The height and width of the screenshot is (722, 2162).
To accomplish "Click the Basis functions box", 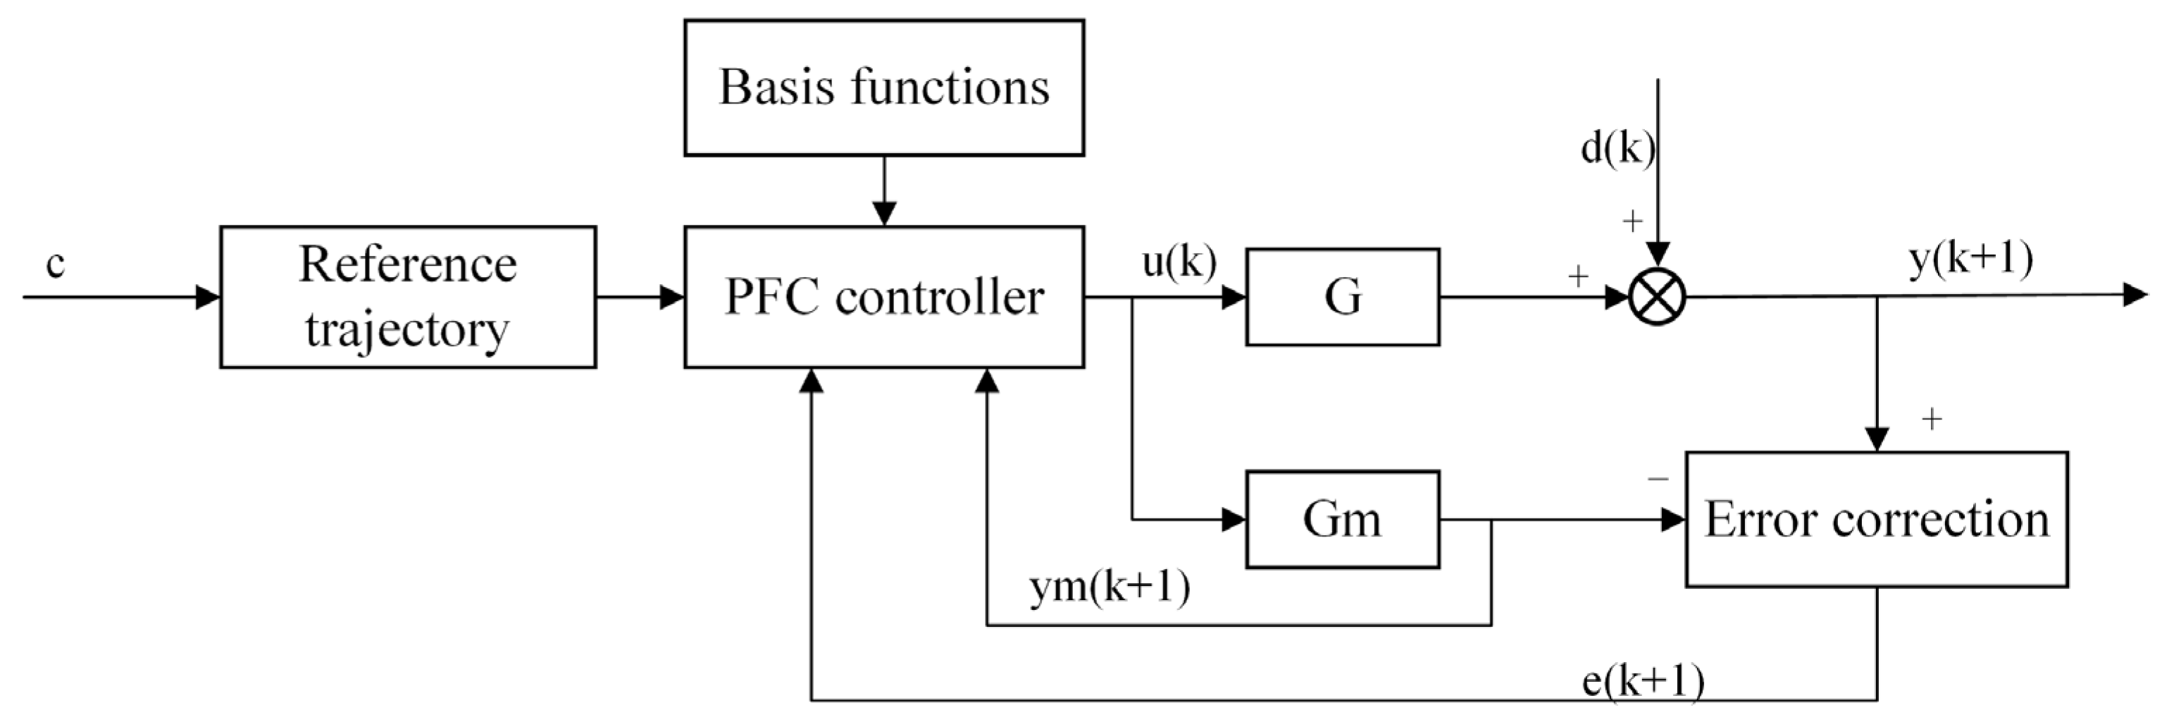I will point(884,87).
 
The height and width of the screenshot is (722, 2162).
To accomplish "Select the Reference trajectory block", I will point(408,296).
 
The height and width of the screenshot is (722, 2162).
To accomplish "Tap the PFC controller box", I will point(884,296).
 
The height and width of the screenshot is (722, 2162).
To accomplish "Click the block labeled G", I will point(1342,296).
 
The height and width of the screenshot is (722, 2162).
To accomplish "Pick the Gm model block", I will point(1342,519).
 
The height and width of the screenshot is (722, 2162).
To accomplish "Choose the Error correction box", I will point(1876,519).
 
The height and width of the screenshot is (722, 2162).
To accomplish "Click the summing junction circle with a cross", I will point(1657,296).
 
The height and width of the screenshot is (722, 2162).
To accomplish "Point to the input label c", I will point(56,264).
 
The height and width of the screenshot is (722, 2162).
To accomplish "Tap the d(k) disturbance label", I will point(1617,149).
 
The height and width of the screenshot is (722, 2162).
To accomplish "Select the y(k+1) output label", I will point(1970,259).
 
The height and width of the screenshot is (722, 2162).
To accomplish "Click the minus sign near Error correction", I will point(1658,479).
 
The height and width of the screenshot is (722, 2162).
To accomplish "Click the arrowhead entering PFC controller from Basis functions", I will point(884,214).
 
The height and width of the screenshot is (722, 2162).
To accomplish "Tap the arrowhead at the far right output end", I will point(2135,295).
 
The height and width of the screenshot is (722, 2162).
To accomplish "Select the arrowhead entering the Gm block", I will point(1234,519).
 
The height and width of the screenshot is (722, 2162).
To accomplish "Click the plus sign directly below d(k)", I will point(1632,221).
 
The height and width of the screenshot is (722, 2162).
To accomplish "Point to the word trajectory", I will point(408,329).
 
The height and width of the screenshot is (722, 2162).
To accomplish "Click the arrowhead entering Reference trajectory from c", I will point(207,296).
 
